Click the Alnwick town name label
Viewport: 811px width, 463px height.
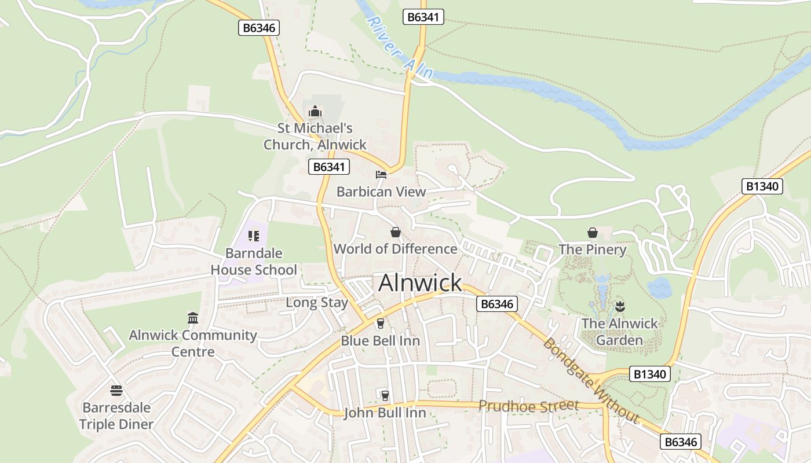click(420, 283)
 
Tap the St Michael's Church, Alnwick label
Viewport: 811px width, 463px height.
click(315, 137)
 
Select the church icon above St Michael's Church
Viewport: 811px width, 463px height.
click(315, 111)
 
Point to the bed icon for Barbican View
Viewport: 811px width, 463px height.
click(381, 174)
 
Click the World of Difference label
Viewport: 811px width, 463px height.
click(395, 249)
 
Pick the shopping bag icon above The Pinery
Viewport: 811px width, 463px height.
click(593, 233)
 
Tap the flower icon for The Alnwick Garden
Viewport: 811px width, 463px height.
click(620, 306)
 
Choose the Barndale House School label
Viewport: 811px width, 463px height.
click(254, 262)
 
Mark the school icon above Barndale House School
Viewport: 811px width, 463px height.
click(253, 236)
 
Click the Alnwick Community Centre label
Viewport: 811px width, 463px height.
click(193, 343)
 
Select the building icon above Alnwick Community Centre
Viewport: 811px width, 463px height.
click(193, 318)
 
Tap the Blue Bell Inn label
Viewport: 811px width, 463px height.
click(380, 340)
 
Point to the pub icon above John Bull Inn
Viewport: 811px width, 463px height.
click(385, 395)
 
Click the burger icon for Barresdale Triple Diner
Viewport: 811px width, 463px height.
click(116, 390)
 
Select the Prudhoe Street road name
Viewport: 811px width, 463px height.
click(528, 406)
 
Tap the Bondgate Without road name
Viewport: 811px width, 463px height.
click(591, 380)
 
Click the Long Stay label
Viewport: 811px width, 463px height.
click(317, 302)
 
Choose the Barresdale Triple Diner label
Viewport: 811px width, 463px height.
click(116, 416)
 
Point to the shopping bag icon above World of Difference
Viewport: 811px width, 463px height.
click(395, 232)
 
